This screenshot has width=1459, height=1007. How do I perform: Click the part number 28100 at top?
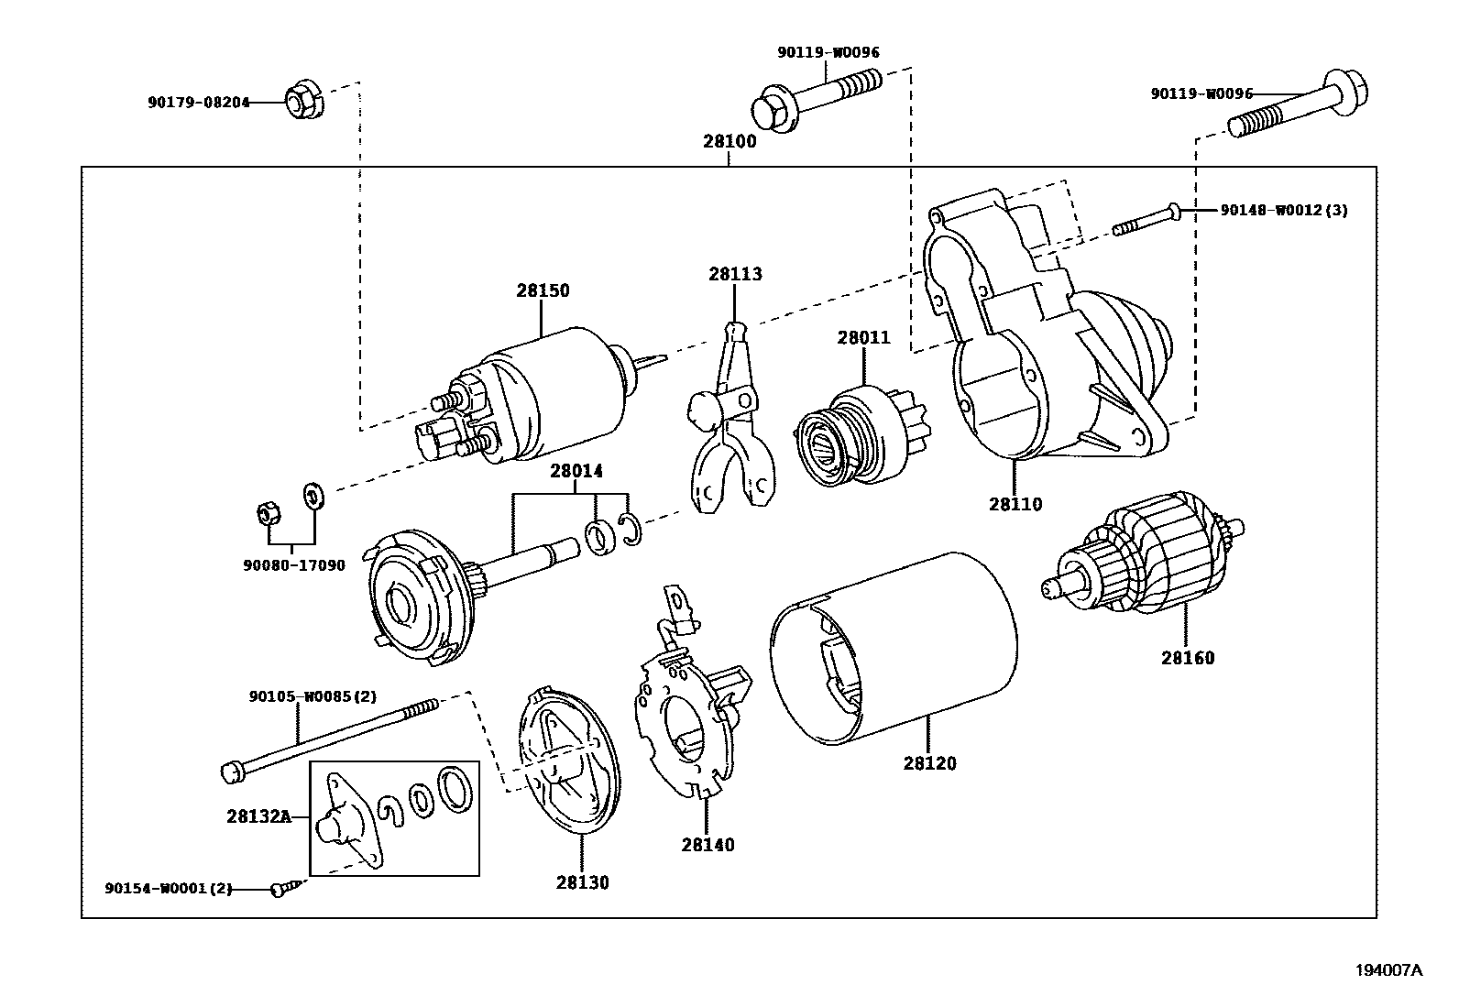click(729, 142)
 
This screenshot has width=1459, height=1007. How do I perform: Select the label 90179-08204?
click(198, 103)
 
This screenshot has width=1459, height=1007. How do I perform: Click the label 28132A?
click(258, 815)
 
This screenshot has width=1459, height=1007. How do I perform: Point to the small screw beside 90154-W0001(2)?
click(282, 888)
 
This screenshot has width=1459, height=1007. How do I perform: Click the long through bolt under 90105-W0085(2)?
click(330, 738)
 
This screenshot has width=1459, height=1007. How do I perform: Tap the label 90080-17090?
click(294, 565)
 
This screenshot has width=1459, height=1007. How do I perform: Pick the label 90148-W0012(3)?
click(1283, 210)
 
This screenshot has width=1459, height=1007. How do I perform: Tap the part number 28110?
click(1015, 504)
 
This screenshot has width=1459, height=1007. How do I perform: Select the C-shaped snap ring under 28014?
click(631, 532)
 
